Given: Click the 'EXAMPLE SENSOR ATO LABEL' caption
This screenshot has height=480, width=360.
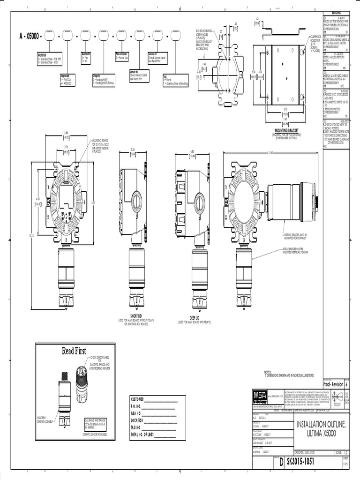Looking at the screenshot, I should coord(99,435).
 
